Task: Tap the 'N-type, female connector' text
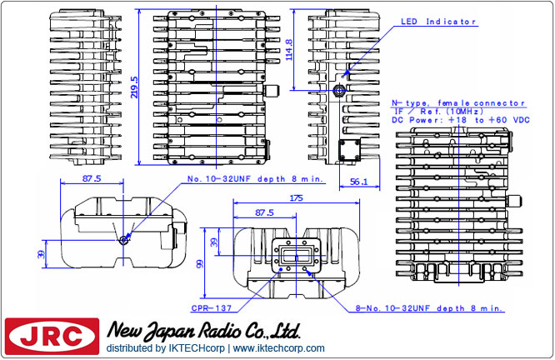point(458,102)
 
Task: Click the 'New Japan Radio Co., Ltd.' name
point(202,329)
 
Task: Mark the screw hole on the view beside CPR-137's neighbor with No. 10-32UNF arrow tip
point(123,240)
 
